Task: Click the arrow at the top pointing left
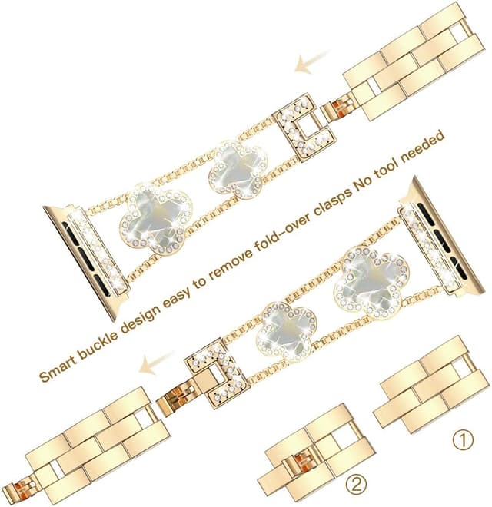point(313,63)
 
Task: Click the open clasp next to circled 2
point(307,453)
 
